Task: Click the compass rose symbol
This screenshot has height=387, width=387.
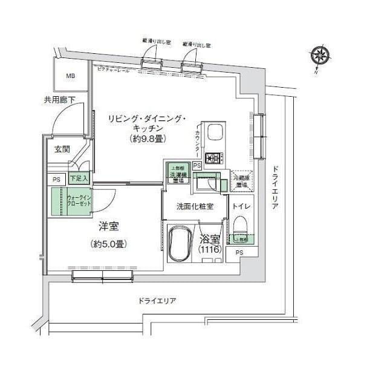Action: click(320, 56)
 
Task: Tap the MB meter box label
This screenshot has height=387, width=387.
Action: click(71, 76)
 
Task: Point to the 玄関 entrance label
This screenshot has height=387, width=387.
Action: click(62, 149)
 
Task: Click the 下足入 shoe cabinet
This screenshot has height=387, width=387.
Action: click(79, 178)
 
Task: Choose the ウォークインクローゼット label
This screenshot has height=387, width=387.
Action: click(79, 201)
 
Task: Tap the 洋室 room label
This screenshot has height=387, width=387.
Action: click(109, 227)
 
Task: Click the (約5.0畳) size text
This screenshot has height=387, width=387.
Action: click(109, 244)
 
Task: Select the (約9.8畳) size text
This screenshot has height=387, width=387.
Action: click(147, 139)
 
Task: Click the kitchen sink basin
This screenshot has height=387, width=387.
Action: click(215, 134)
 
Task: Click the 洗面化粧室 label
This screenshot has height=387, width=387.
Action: click(193, 206)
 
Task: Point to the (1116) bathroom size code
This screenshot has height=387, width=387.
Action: click(210, 249)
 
